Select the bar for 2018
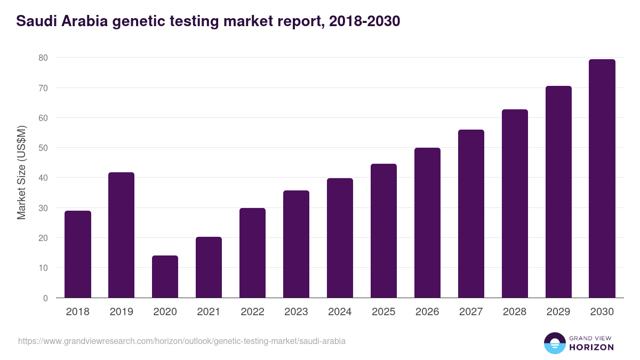(x=78, y=254)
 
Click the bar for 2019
(x=122, y=235)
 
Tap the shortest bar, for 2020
(x=165, y=277)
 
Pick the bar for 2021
(x=209, y=267)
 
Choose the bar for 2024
(x=340, y=238)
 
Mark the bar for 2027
(x=471, y=214)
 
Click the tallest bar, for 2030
(x=602, y=179)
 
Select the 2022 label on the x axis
(x=253, y=312)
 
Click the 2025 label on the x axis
(x=384, y=312)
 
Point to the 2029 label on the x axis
(x=558, y=312)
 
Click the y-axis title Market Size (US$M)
(x=22, y=172)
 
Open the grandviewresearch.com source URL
(x=182, y=341)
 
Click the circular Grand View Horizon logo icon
(x=555, y=343)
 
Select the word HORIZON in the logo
(x=591, y=347)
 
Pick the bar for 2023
(x=297, y=244)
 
